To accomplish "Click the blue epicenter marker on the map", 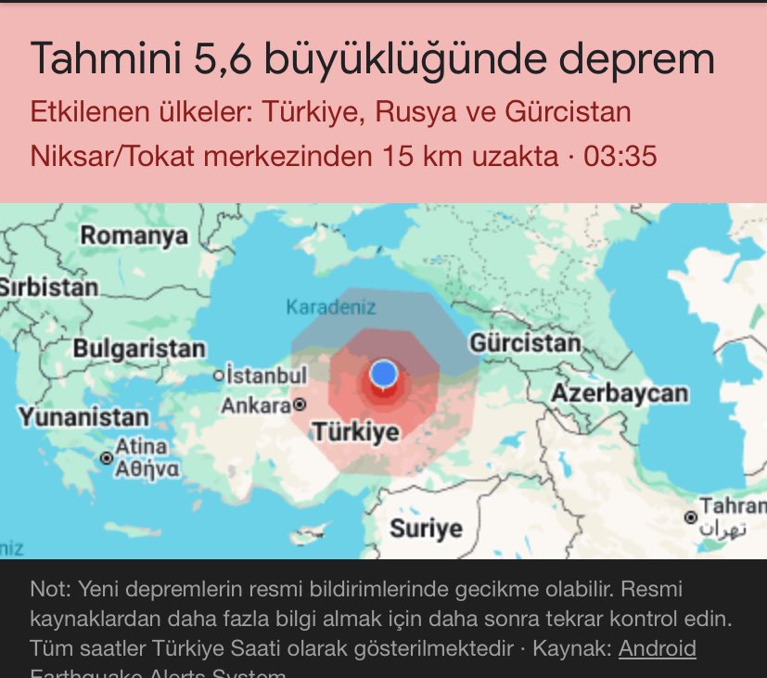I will pyautogui.click(x=383, y=375).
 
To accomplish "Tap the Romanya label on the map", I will pyautogui.click(x=134, y=236).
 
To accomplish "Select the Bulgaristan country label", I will pyautogui.click(x=139, y=350).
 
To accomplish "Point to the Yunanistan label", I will pyautogui.click(x=83, y=417).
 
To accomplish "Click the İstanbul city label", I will pyautogui.click(x=265, y=376).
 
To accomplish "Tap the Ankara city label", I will pyautogui.click(x=256, y=405).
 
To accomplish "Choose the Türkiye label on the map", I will pyautogui.click(x=355, y=431).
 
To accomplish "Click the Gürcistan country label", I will pyautogui.click(x=525, y=343).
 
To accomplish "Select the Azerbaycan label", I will pyautogui.click(x=620, y=393).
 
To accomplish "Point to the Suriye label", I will pyautogui.click(x=426, y=529).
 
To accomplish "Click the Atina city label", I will pyautogui.click(x=142, y=446).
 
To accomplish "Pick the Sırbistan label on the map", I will pyautogui.click(x=49, y=287).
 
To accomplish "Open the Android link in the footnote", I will pyautogui.click(x=657, y=648).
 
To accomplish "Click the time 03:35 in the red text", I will pyautogui.click(x=620, y=156).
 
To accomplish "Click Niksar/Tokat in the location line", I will pyautogui.click(x=112, y=156).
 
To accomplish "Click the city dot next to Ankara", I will pyautogui.click(x=300, y=405).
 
